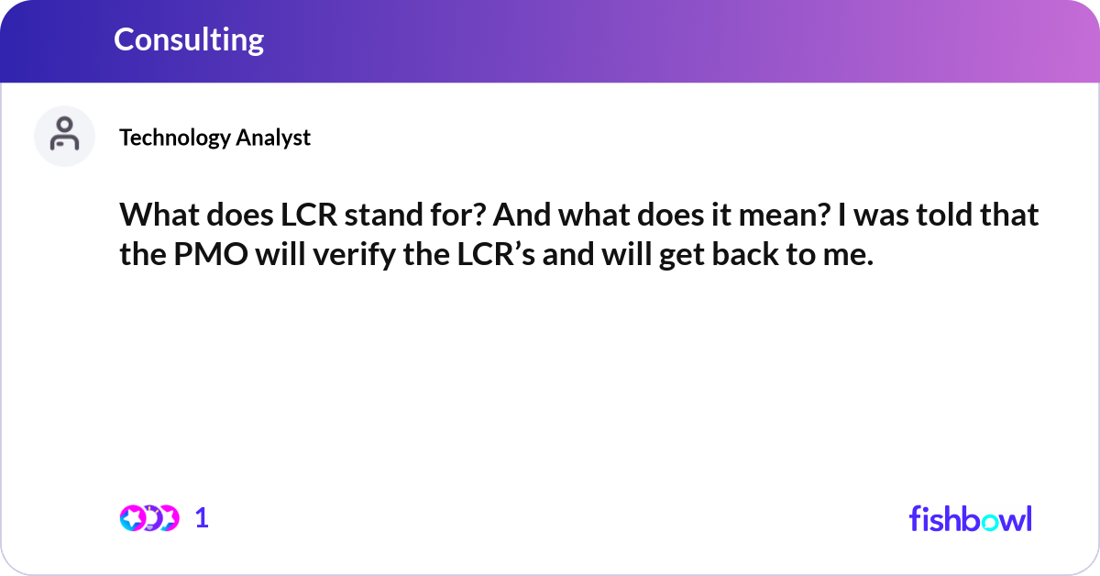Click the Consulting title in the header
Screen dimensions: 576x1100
(x=189, y=39)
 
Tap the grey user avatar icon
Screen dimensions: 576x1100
(x=64, y=136)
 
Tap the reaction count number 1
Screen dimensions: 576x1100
(x=203, y=518)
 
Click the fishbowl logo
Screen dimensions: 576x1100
(x=970, y=518)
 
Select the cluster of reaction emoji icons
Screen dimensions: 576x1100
(x=148, y=518)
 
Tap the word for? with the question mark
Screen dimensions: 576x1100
(x=488, y=216)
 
